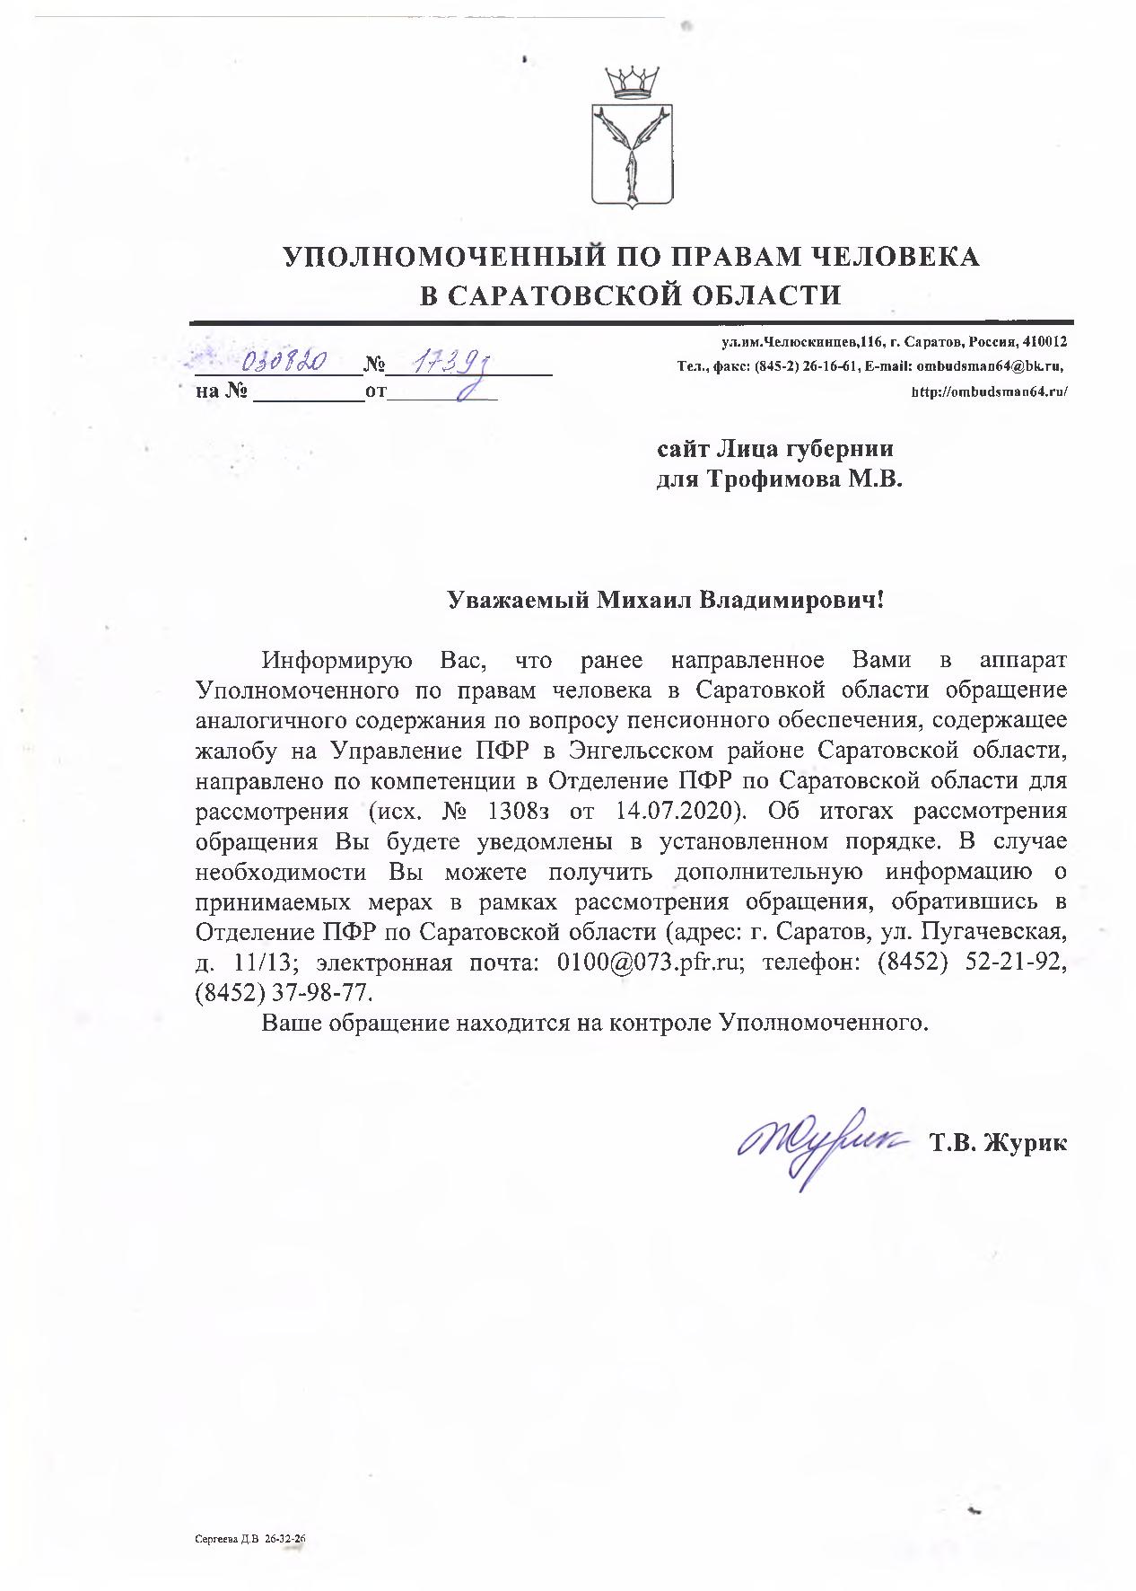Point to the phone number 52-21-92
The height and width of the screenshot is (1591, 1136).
(1014, 963)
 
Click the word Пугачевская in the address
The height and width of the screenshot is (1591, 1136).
(994, 932)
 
